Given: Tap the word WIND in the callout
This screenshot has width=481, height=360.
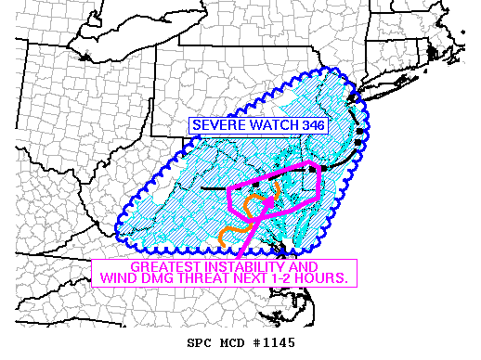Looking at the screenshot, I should (117, 278).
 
